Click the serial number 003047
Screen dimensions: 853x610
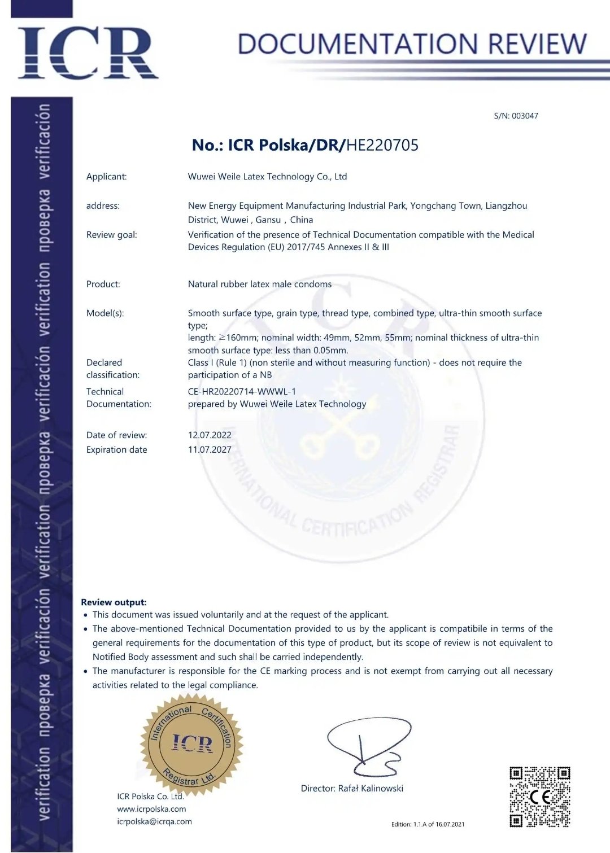point(525,116)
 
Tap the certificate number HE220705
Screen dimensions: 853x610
point(382,145)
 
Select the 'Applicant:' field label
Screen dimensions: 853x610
point(106,177)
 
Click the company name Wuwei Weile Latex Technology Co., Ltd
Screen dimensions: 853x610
point(267,177)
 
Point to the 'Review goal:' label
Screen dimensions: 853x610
point(111,235)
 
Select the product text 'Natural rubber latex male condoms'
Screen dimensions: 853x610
point(260,285)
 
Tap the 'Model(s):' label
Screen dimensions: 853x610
point(104,313)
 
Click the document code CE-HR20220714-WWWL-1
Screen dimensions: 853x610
point(242,392)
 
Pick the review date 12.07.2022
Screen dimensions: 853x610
point(210,435)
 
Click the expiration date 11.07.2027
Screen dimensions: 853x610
point(210,450)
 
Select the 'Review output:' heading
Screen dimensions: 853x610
point(114,602)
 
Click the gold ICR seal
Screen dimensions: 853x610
point(192,743)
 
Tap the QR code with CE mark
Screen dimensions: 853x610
point(539,797)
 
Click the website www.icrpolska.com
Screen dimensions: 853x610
point(151,809)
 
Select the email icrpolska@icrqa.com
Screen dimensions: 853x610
point(154,822)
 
